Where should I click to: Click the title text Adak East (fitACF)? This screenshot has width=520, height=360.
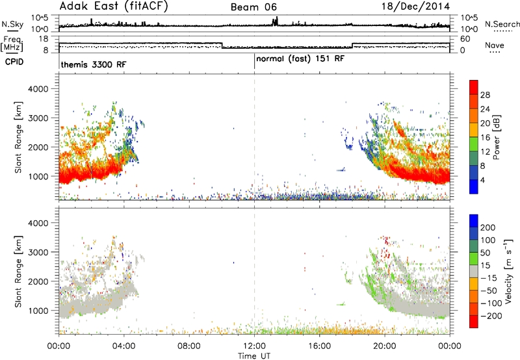[x=114, y=6]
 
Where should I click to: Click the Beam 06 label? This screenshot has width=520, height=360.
[x=253, y=7]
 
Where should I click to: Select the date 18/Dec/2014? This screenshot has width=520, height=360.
[x=415, y=6]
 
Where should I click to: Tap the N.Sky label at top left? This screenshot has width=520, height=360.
[x=12, y=24]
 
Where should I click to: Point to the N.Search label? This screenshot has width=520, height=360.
[x=502, y=24]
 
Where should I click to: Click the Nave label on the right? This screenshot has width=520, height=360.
[x=495, y=45]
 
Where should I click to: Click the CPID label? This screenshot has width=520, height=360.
[x=14, y=62]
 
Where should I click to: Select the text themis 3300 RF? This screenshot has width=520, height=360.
[x=94, y=64]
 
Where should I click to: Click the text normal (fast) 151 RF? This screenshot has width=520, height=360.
[x=300, y=59]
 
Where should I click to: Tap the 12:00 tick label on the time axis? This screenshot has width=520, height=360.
[x=254, y=346]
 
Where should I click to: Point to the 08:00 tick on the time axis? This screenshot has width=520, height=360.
[x=189, y=346]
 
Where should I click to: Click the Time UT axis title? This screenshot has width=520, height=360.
[x=254, y=356]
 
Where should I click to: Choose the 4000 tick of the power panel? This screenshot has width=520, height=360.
[x=38, y=89]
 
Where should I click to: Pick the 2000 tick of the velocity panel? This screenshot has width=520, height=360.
[x=38, y=281]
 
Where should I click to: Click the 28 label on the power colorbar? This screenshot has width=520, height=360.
[x=485, y=95]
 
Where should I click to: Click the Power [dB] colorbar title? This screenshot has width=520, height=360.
[x=496, y=137]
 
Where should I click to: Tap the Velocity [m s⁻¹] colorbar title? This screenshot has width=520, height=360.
[x=508, y=271]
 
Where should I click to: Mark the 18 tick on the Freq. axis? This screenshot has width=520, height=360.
[x=44, y=39]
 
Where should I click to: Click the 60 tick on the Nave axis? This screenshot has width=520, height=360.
[x=465, y=39]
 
